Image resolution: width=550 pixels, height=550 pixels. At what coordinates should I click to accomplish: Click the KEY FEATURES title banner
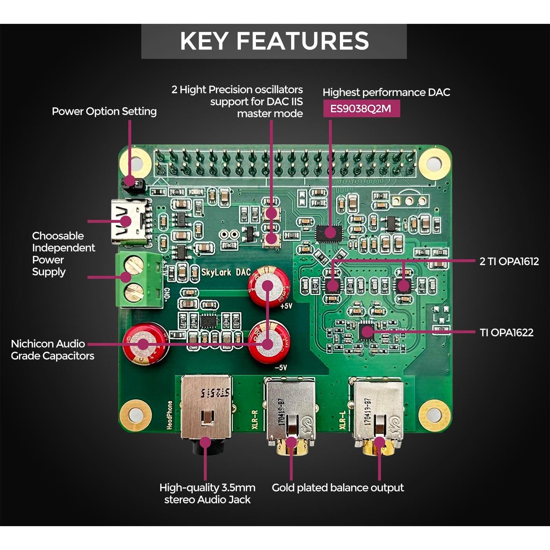pos(274,41)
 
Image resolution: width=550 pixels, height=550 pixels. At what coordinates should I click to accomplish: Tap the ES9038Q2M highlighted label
pos(361,109)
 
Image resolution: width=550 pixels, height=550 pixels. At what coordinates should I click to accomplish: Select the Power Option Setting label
pos(104,111)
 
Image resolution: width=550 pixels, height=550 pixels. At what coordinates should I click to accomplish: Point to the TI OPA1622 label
pos(506,333)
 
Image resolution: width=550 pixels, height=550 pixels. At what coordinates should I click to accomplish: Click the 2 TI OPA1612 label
pos(509,261)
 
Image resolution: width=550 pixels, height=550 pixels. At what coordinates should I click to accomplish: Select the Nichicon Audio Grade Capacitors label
pos(52,350)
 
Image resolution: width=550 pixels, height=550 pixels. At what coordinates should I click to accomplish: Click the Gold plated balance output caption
pos(338,488)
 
